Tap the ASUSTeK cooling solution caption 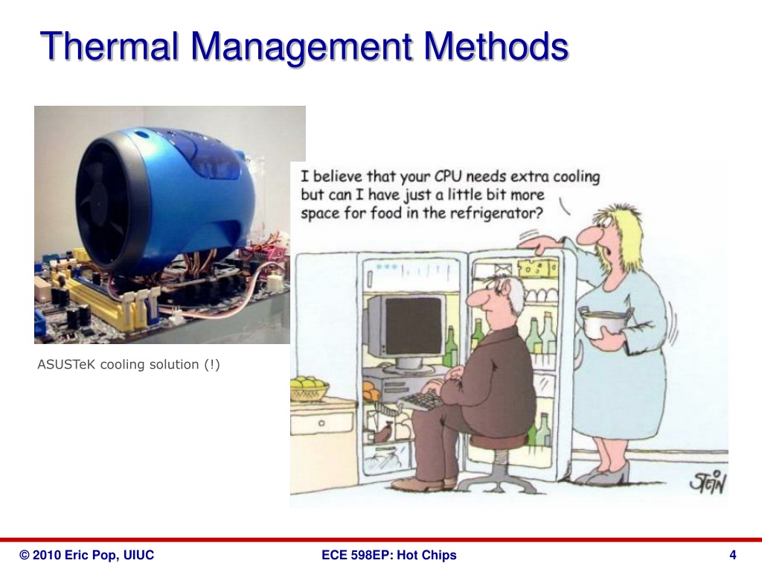point(129,364)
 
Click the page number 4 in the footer point(733,555)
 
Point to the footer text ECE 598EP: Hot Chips point(389,555)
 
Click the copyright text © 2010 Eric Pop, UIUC point(87,555)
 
